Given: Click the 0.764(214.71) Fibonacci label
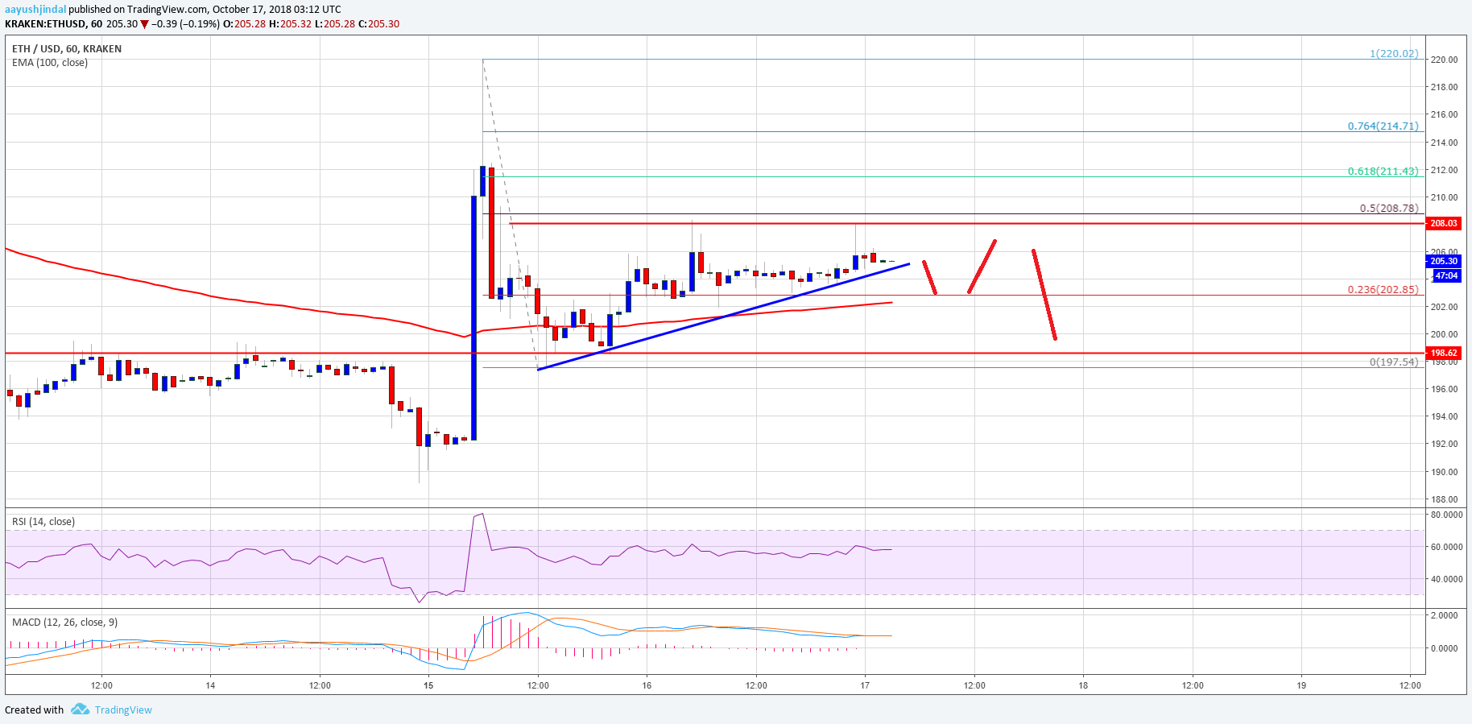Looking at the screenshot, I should click(1383, 126).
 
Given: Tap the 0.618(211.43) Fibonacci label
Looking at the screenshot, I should click(1383, 172).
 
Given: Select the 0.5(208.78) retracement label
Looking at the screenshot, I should click(1388, 208).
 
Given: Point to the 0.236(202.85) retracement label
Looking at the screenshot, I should click(1383, 290).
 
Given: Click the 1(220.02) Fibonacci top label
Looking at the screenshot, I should click(1394, 54).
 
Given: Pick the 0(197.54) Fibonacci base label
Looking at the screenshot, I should click(1393, 362).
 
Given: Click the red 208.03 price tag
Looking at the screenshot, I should click(1443, 223).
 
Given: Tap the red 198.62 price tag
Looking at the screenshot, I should click(1443, 353).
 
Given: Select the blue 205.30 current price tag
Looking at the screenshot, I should click(1443, 261).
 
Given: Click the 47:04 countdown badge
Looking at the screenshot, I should click(1446, 275).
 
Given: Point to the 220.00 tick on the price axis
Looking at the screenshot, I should click(1444, 60).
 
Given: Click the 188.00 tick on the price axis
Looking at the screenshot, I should click(1444, 499).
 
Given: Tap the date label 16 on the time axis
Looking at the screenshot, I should click(647, 686).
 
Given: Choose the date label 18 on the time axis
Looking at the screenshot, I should click(1083, 686).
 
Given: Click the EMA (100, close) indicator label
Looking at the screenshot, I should click(50, 63).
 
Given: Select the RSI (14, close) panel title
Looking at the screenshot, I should click(43, 522).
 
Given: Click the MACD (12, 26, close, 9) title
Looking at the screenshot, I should click(65, 623).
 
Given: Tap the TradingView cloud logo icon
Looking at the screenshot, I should click(80, 710).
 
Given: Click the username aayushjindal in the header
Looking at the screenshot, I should click(35, 10).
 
